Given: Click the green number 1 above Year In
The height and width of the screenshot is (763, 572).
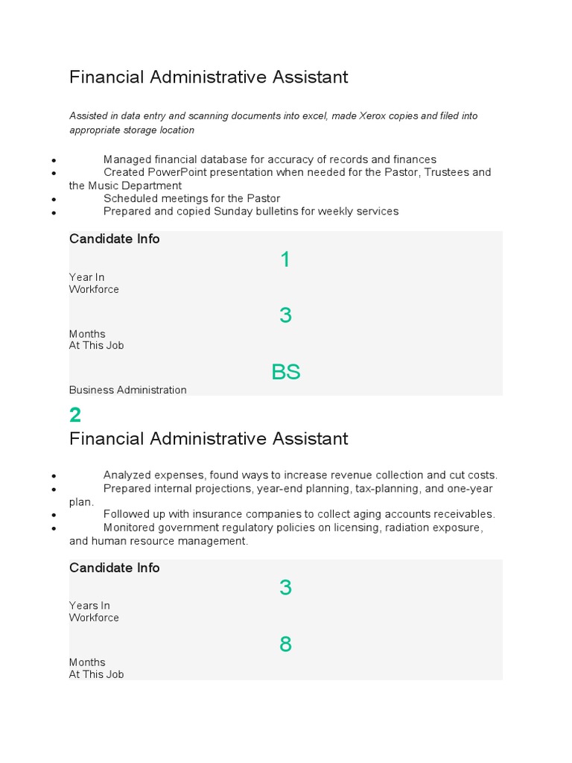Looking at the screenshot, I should [285, 259].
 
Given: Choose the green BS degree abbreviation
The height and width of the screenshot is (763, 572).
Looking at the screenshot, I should [286, 372].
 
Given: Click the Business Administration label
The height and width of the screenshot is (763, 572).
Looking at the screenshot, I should [128, 390].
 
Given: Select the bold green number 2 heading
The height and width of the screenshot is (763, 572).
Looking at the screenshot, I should [75, 414].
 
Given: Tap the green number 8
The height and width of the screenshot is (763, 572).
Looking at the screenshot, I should [285, 645].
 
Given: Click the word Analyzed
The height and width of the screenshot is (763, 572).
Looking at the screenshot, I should [128, 475].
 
